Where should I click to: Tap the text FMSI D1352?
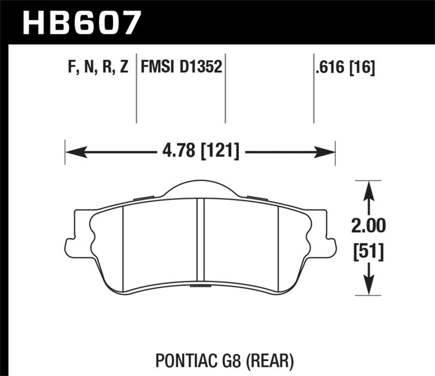pyautogui.click(x=181, y=67)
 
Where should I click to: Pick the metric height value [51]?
pyautogui.click(x=369, y=251)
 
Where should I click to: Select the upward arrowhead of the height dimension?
pyautogui.click(x=369, y=189)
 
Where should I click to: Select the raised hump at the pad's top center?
pyautogui.click(x=200, y=188)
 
